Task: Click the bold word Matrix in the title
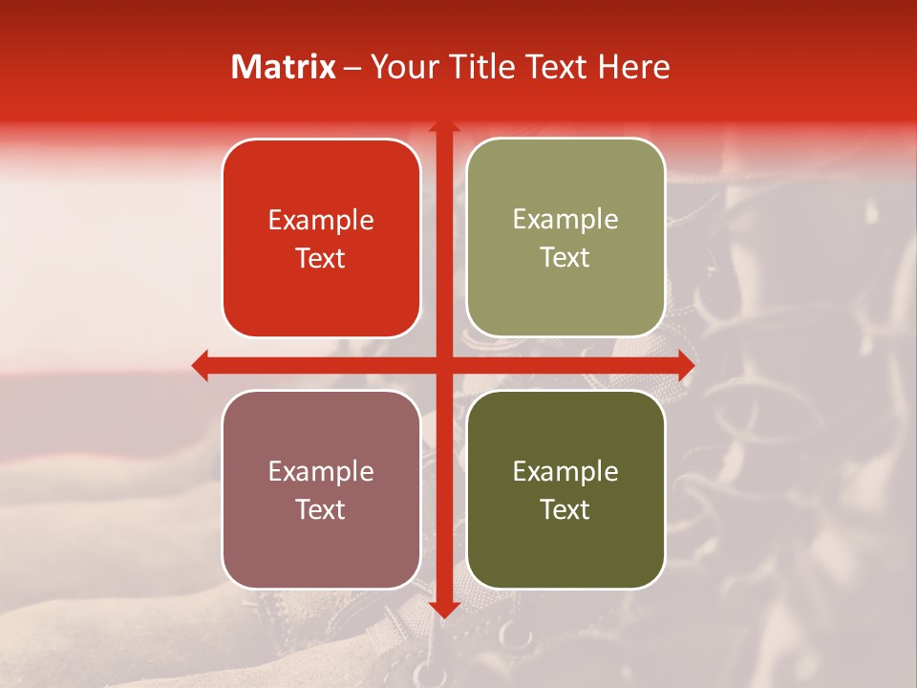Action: tap(284, 67)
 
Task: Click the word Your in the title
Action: tap(400, 67)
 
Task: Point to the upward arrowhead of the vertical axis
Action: tap(443, 126)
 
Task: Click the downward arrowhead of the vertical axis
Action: tap(443, 608)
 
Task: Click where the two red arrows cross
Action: tap(443, 365)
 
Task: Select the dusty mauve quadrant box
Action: tap(321, 545)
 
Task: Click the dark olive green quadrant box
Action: tap(565, 545)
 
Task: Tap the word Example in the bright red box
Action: tap(321, 221)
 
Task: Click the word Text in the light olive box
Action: tap(565, 258)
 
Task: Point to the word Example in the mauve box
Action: tap(321, 472)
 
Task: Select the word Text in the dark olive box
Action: tap(565, 510)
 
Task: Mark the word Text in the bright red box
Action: tap(321, 259)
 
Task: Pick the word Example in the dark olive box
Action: tap(565, 472)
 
